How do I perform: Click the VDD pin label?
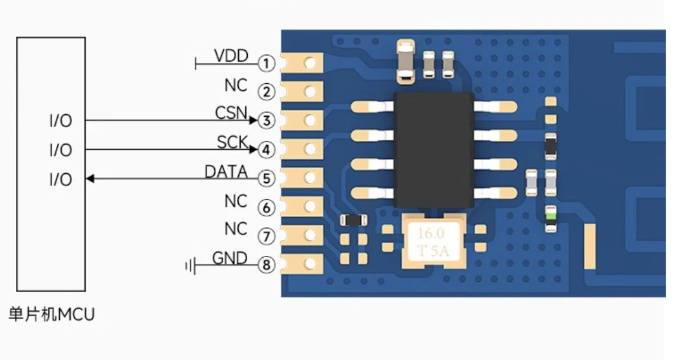pos(231,56)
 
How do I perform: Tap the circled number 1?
pos(267,63)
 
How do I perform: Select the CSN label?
pos(231,113)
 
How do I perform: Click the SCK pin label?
pos(233,143)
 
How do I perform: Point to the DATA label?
pos(226,172)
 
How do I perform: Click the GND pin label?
pos(229,258)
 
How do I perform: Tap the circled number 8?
pos(267,265)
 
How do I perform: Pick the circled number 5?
pos(267,179)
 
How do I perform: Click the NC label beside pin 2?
pos(236,85)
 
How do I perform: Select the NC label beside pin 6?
pos(236,201)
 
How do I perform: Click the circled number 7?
pos(267,236)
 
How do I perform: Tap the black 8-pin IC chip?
pos(434,150)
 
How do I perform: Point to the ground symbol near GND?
pos(189,265)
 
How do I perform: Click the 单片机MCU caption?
pos(51,314)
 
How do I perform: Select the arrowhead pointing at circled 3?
pos(253,120)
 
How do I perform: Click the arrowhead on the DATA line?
pos(90,179)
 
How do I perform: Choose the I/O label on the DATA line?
pos(60,180)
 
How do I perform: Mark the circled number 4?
pos(267,150)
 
